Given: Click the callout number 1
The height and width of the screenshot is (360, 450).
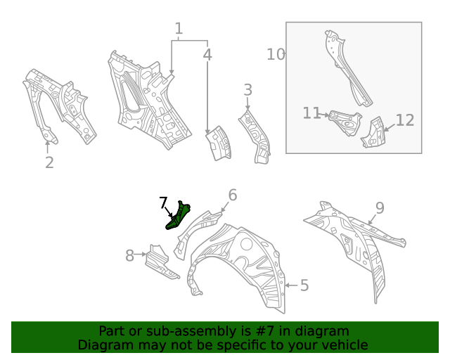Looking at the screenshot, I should point(179,29).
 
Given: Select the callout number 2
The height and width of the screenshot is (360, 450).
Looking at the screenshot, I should point(49,163).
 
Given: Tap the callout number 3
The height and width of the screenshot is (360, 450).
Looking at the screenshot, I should point(247,90).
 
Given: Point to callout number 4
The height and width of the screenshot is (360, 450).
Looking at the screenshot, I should point(207,54).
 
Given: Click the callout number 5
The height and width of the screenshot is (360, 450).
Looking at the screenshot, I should point(304,285).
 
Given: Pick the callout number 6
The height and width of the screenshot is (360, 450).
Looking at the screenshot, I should point(232,195).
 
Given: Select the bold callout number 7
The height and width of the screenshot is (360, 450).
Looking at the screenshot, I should point(163,204).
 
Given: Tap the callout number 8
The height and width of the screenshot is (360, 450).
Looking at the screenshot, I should point(129,256).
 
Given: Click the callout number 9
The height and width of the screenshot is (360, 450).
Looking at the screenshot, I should point(379,207).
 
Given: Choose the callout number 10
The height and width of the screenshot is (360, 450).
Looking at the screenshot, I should point(276,54).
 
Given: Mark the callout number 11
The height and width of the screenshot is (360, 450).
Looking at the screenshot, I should point(312,113).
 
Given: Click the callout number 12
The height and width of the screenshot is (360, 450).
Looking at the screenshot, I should point(405,120).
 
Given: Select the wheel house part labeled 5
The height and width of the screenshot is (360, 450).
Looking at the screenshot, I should point(246,267).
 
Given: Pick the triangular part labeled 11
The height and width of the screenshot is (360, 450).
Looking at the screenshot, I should point(345,122).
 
